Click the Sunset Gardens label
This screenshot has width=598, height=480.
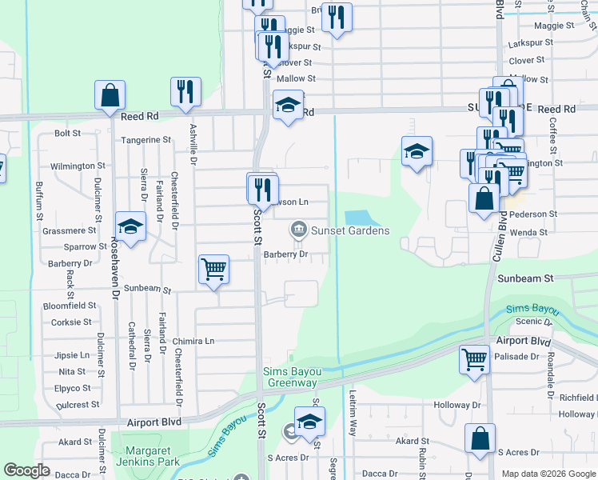tap(350, 231)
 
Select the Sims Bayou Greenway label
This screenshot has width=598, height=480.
tap(291, 377)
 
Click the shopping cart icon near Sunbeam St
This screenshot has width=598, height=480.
tap(214, 270)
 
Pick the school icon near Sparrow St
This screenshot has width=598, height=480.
tap(130, 226)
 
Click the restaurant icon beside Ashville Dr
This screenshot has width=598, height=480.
tap(185, 91)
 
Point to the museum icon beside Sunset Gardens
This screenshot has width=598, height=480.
tap(298, 230)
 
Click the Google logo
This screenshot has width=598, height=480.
tap(28, 470)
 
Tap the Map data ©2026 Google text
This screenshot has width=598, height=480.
tap(548, 474)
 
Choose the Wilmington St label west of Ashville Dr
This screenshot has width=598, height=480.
tap(78, 166)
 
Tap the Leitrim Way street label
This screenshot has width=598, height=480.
tap(353, 411)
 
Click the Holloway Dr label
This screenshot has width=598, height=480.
tap(456, 405)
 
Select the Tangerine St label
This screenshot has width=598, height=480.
tap(146, 140)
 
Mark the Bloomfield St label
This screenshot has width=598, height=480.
tap(70, 306)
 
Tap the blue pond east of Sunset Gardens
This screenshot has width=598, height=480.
tap(359, 218)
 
